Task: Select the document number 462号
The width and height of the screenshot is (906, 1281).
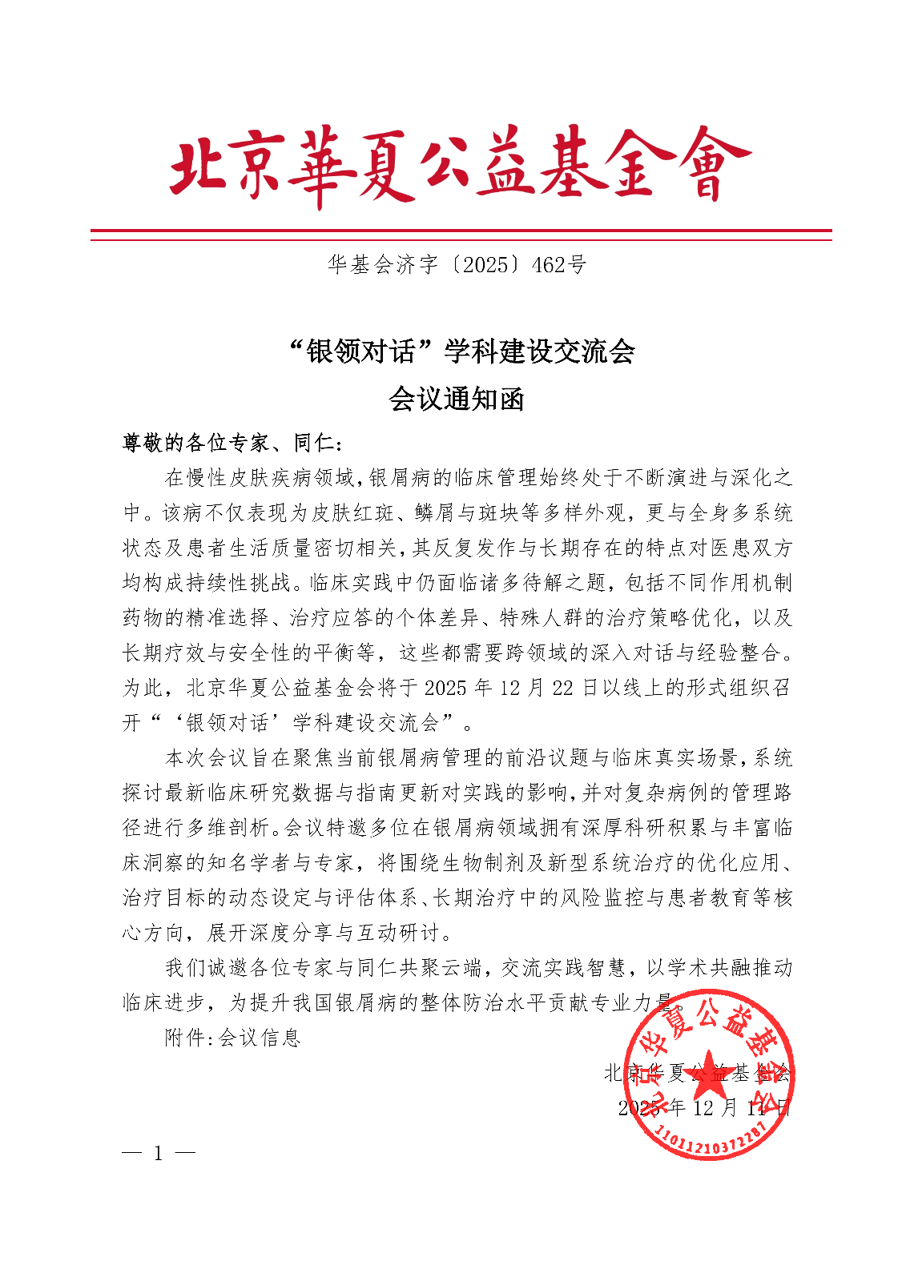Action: coord(559,265)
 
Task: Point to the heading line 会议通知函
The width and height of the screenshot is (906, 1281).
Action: coord(456,399)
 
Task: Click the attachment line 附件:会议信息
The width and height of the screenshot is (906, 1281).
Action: coord(232,1038)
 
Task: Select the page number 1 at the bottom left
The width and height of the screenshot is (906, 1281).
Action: coord(158,1154)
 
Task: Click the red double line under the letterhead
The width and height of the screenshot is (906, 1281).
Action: coord(461,235)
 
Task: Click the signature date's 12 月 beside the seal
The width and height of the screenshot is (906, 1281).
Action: coord(715,1108)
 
